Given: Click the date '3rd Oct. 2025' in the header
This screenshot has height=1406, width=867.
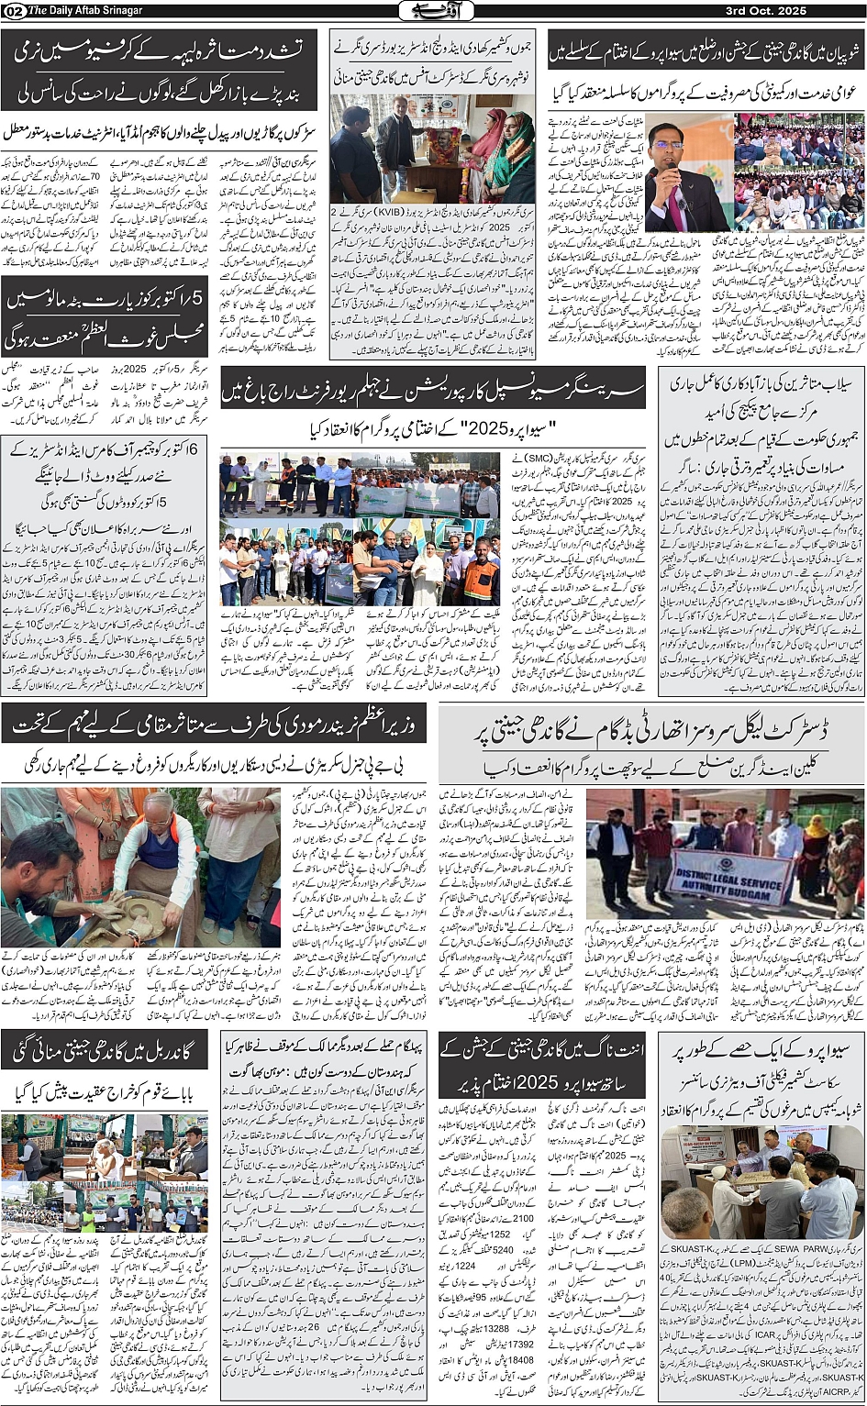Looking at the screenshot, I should click(x=817, y=10).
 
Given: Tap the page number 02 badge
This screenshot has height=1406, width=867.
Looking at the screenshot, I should click(x=14, y=10).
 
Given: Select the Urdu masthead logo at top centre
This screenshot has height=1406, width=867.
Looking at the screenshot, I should click(x=433, y=10).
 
